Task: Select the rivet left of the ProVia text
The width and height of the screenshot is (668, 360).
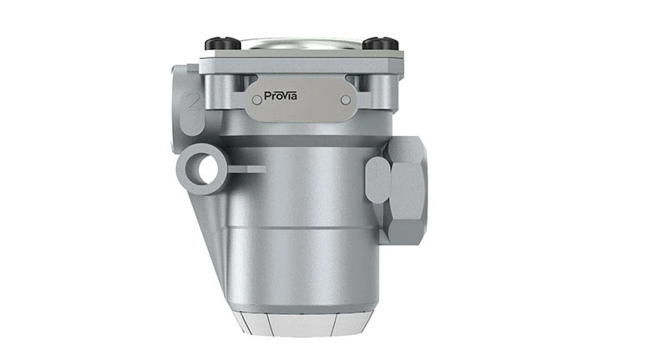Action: click(x=256, y=100)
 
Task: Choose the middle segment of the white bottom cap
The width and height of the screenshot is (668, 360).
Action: click(x=301, y=326)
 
